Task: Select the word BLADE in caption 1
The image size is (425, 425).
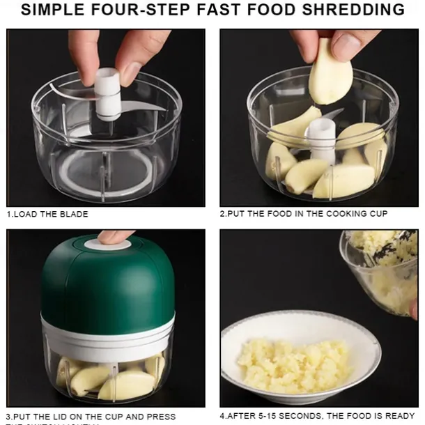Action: (x=74, y=214)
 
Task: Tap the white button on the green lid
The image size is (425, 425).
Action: (x=112, y=244)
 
